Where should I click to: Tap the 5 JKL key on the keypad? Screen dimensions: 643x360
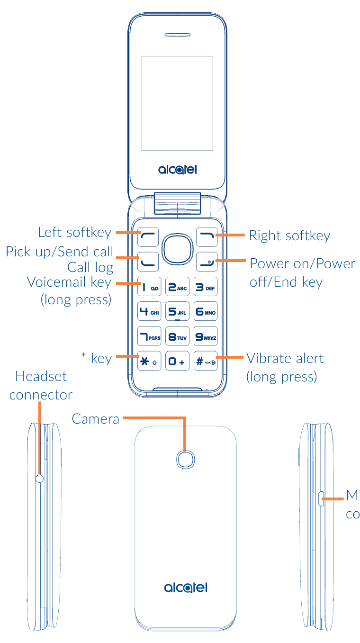tap(177, 312)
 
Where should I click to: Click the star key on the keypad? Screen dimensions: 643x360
tap(149, 362)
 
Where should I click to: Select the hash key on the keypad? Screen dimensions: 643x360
tap(206, 362)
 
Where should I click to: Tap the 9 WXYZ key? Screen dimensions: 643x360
tap(206, 337)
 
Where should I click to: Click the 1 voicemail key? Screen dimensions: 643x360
tap(149, 287)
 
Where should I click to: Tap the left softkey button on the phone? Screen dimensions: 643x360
tap(149, 236)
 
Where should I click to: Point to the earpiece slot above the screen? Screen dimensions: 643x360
tap(177, 35)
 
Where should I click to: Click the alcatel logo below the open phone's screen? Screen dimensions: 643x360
tap(177, 169)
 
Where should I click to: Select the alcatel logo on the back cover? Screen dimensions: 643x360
tap(186, 588)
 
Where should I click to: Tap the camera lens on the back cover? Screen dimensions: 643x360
tap(186, 458)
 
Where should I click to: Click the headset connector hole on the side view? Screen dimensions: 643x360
tap(39, 479)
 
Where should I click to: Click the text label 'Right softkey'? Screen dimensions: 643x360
tap(289, 235)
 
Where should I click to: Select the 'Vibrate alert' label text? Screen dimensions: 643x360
tap(285, 358)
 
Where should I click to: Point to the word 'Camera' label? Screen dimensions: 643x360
tap(96, 419)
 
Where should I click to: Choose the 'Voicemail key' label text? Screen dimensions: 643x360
tap(69, 282)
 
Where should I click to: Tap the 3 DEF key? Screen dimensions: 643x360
tap(206, 287)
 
